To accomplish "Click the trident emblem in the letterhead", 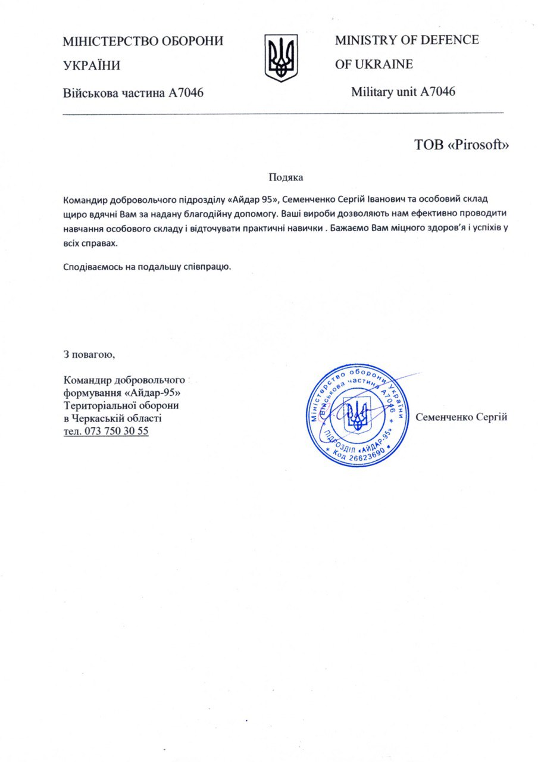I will [x=281, y=58].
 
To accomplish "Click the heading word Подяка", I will [x=286, y=177].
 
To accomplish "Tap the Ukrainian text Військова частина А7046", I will [x=134, y=92].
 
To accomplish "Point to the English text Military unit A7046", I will [x=403, y=92].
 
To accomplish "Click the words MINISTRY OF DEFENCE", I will [x=406, y=40].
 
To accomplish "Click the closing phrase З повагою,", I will [x=89, y=355].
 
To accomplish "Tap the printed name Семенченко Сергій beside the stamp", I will [x=461, y=417].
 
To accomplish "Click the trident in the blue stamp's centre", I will [x=357, y=415].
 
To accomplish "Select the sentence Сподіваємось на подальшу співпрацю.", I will [x=146, y=266].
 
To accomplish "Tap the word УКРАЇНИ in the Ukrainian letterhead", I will [x=92, y=66].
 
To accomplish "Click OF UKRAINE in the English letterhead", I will [x=374, y=64].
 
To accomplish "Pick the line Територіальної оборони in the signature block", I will [x=121, y=405].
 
